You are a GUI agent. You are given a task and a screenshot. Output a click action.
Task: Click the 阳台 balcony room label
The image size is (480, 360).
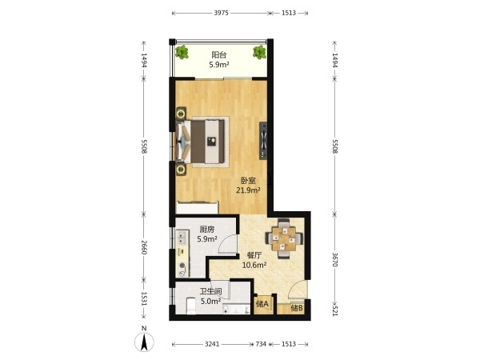(219, 55)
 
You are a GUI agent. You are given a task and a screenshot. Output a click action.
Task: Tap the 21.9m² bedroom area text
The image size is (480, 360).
(248, 190)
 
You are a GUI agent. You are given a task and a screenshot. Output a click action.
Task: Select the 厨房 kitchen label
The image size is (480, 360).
(207, 230)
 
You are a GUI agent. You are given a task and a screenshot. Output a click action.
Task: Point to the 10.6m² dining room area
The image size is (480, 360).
(254, 265)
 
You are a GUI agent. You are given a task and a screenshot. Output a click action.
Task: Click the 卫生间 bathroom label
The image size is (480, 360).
(211, 291)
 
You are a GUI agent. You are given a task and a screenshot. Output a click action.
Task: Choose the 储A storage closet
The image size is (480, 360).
(262, 304)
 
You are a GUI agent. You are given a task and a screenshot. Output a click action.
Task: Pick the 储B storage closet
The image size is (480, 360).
(297, 308)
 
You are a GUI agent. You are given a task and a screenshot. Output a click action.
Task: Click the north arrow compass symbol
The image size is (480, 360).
(144, 342)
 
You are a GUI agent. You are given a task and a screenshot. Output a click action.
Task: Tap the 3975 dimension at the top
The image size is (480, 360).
(221, 13)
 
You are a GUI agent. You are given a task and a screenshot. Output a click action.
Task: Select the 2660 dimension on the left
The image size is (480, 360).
(144, 247)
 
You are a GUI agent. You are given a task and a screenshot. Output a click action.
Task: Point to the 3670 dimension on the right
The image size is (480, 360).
(335, 259)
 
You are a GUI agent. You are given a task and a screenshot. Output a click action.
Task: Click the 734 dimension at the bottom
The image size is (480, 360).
(261, 344)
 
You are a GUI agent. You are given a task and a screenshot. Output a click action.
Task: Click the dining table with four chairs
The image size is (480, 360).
(284, 238)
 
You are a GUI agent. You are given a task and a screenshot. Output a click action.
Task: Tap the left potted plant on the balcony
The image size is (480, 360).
(182, 52)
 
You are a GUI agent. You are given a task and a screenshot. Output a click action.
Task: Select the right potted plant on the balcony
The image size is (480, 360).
(259, 52)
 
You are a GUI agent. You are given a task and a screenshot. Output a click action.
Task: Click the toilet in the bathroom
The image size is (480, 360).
(191, 306)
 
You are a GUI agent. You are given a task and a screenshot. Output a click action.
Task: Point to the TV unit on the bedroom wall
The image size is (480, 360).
(263, 141)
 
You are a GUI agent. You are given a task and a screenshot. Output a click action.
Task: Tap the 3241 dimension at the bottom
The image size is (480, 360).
(212, 344)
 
